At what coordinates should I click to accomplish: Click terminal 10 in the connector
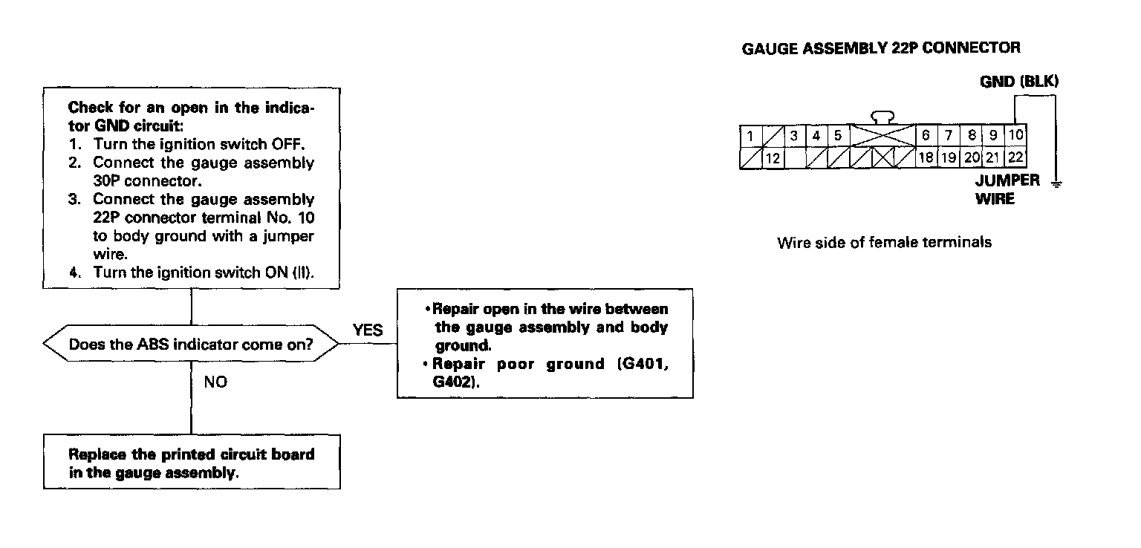(x=1015, y=136)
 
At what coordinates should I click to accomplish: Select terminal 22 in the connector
(x=1015, y=157)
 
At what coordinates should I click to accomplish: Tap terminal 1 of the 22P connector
(x=750, y=136)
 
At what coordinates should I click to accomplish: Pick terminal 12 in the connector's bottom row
(x=773, y=158)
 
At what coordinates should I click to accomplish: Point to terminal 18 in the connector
(x=926, y=157)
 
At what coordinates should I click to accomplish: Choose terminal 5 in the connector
(x=837, y=136)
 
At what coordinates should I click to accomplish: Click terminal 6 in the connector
(x=926, y=136)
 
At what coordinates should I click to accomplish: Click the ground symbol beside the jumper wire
(x=1056, y=183)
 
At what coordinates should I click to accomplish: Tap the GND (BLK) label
(x=1018, y=82)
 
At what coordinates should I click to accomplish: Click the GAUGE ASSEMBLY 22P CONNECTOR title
(x=881, y=48)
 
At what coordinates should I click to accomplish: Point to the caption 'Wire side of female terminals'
(x=884, y=243)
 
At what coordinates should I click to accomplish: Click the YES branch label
(x=368, y=330)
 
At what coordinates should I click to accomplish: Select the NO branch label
(x=215, y=382)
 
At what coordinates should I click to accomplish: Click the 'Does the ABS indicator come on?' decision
(x=191, y=345)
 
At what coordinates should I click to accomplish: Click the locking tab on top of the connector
(x=882, y=117)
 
